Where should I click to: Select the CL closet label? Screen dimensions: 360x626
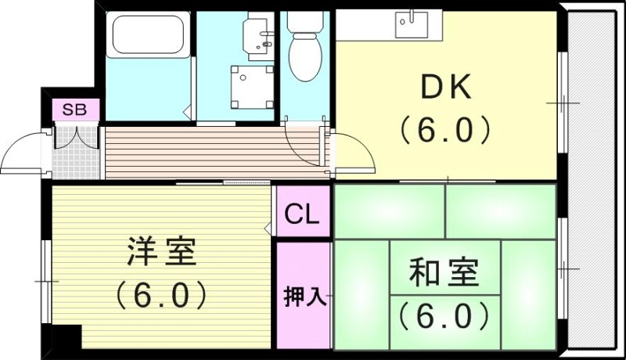(x=302, y=213)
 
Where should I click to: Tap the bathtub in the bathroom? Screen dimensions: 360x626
(x=148, y=35)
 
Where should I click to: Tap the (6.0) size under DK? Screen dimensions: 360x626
(x=446, y=129)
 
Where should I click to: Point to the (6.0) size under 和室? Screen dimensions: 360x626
(x=443, y=316)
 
